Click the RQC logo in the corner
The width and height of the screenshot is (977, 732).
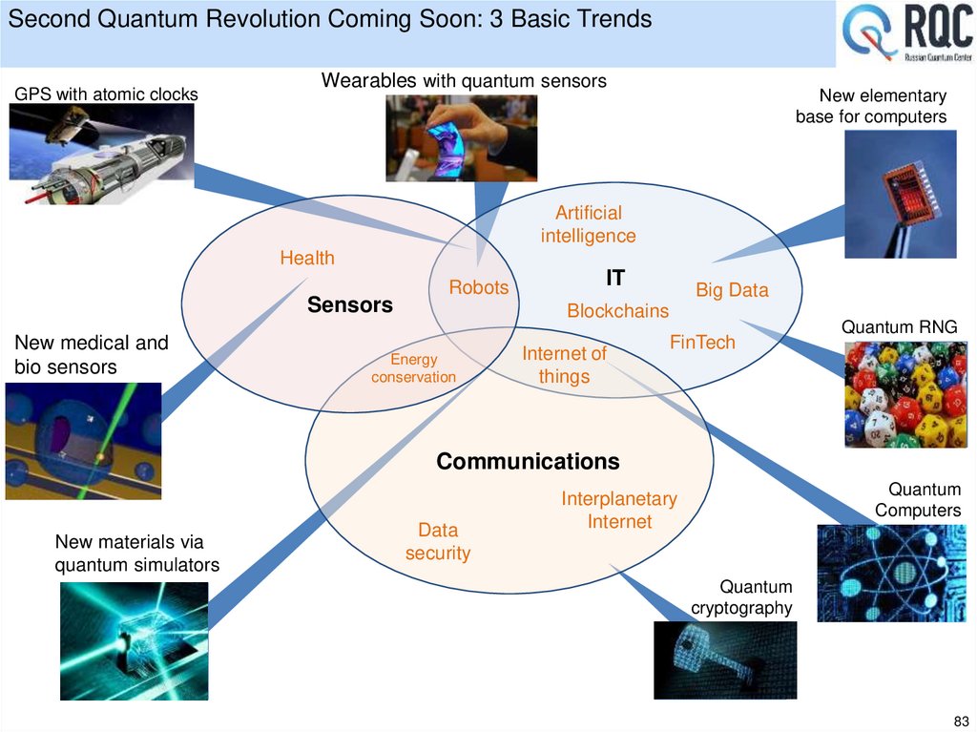[x=906, y=34]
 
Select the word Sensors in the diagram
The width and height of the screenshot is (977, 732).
[x=349, y=305]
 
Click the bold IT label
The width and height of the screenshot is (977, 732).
[x=615, y=278]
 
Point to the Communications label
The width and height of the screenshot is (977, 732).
[x=528, y=462]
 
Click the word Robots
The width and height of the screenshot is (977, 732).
[x=479, y=287]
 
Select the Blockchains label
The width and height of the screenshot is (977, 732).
[x=617, y=311]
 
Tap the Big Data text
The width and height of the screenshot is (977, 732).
[x=732, y=290]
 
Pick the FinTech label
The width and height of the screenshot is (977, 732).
[x=702, y=342]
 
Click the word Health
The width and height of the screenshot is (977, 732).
[x=307, y=258]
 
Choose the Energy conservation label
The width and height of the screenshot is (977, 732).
[x=413, y=368]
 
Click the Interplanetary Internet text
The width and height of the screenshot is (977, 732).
[x=619, y=510]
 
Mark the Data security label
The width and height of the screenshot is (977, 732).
[x=438, y=541]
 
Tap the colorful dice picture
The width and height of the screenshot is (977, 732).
[x=904, y=394]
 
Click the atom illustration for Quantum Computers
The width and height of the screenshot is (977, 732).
[x=891, y=573]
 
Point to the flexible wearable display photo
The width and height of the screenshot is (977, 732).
[x=461, y=138]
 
